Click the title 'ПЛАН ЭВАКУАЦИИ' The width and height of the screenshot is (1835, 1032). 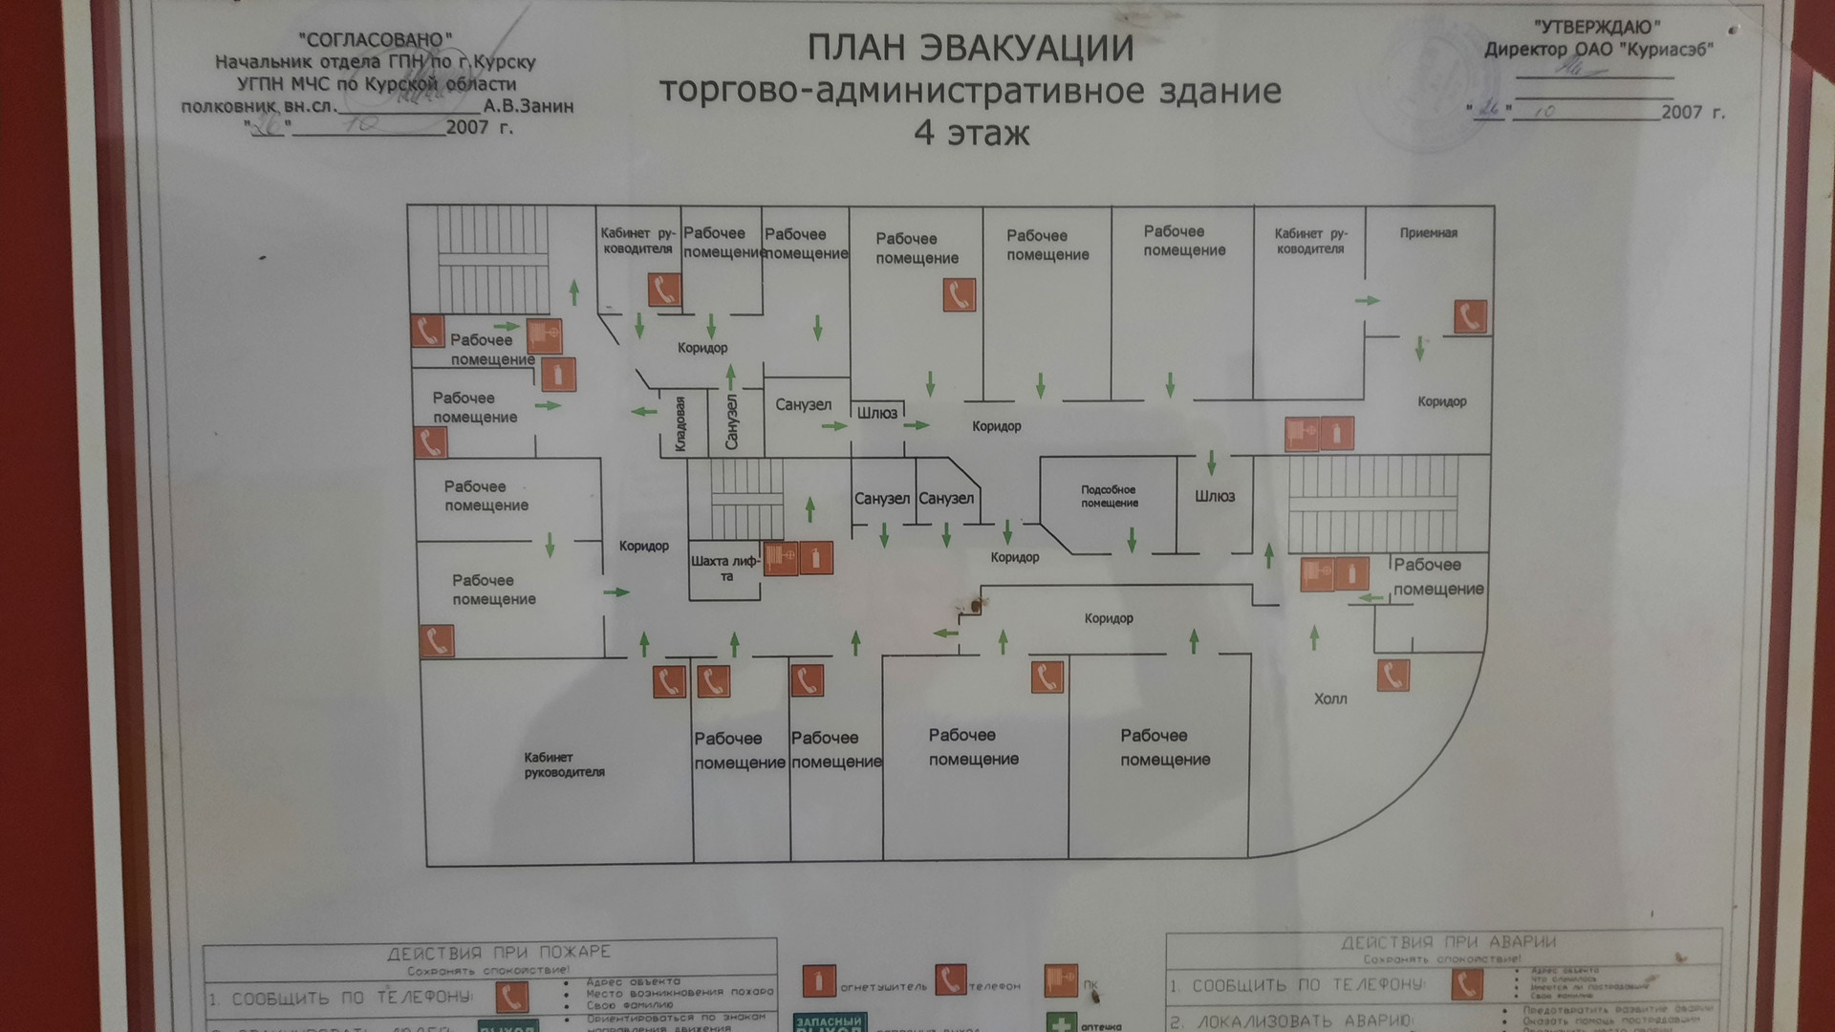(970, 48)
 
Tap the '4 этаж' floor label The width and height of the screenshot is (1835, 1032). (971, 132)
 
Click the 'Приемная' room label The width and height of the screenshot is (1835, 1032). (1428, 233)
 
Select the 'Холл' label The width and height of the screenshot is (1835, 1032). (1329, 699)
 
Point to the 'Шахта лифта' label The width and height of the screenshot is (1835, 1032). (725, 568)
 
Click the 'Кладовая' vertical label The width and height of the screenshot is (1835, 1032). (680, 423)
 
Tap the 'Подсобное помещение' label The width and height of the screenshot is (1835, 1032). (1109, 496)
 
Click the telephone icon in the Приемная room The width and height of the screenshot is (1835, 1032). (1470, 317)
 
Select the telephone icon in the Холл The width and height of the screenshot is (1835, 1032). (1392, 676)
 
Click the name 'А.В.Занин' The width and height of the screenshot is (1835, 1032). (529, 106)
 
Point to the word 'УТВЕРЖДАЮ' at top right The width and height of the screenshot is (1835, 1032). (1597, 28)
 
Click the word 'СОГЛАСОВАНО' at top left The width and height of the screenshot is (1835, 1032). (376, 39)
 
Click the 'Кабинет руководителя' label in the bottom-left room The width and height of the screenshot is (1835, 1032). (564, 764)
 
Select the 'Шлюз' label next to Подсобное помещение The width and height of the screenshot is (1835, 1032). (1214, 496)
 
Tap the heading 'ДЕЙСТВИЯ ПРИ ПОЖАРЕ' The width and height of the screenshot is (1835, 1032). (498, 952)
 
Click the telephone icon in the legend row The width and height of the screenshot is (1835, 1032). (950, 979)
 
